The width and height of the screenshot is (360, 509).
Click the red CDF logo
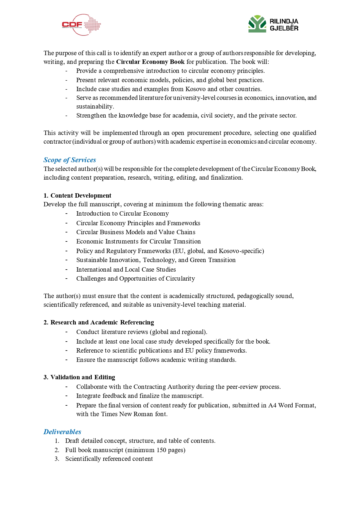point(81,25)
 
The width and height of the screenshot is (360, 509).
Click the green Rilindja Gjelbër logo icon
point(257,24)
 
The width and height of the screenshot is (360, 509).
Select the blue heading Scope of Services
point(70,160)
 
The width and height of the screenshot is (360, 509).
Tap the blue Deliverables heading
point(62,432)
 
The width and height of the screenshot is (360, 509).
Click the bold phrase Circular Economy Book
point(150,62)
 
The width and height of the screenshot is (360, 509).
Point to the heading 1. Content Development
point(77,196)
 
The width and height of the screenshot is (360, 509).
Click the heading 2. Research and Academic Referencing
point(99,322)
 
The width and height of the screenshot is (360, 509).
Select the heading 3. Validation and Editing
point(79,377)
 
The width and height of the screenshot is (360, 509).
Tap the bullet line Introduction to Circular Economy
point(122,214)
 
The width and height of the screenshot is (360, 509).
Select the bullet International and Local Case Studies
point(126,270)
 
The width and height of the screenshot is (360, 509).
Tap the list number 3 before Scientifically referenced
point(57,459)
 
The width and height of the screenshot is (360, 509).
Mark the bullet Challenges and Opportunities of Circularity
point(135,279)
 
